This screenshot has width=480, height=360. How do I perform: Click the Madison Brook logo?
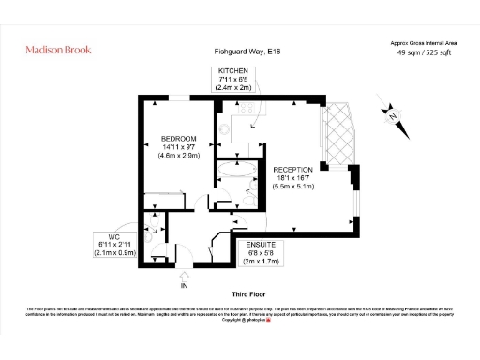tap(57, 50)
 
